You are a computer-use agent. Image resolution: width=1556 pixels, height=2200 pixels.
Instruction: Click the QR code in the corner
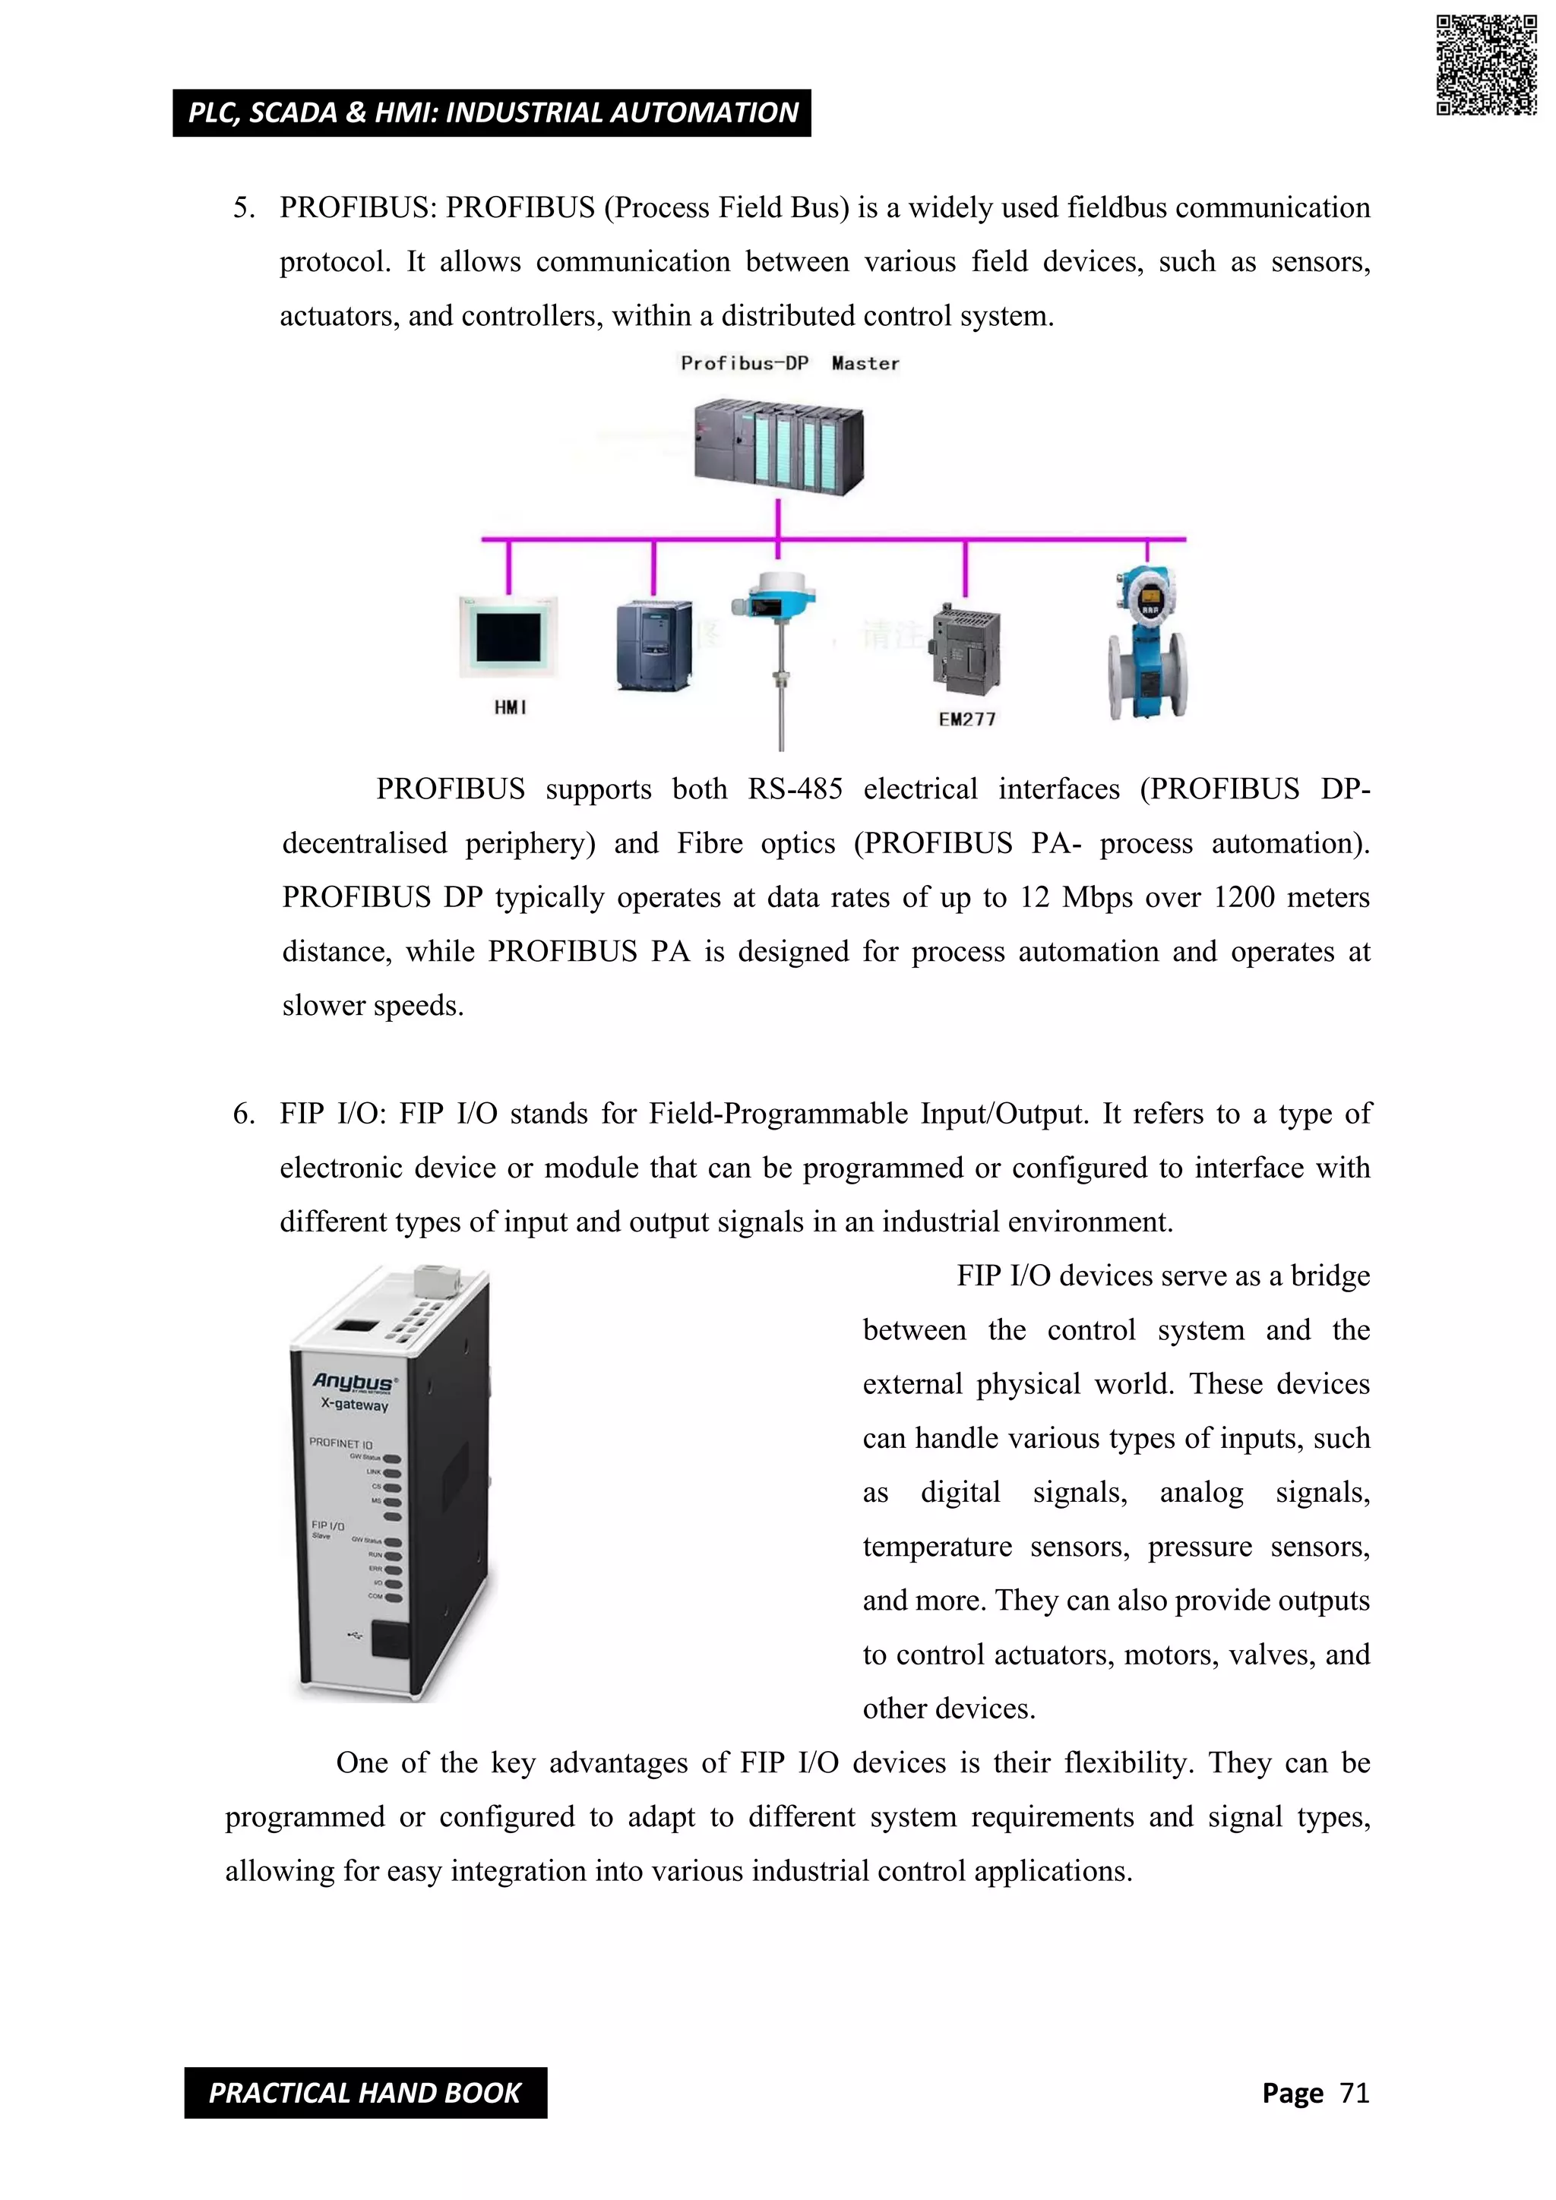[1486, 65]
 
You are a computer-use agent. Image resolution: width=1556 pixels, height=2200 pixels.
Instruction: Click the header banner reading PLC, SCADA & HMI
[492, 113]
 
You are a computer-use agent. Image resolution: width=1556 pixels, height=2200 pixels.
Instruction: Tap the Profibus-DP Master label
[789, 363]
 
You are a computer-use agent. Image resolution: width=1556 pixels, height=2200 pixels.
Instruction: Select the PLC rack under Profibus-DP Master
[779, 447]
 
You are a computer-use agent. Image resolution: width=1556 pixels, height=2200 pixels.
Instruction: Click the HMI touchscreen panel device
[508, 637]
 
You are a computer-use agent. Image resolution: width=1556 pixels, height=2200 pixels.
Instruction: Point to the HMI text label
[510, 707]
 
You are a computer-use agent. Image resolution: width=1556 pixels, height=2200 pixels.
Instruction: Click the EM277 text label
[966, 719]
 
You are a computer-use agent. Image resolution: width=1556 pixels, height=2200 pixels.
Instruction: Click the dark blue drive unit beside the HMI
[653, 644]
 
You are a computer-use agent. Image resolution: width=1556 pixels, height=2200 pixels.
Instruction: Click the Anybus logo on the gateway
[353, 1382]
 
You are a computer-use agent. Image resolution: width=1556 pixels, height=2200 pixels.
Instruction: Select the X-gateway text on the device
[355, 1405]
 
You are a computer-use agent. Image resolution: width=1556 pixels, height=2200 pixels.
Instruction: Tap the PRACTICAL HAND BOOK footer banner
[365, 2093]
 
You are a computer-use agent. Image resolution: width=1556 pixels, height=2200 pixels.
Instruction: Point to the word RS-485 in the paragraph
[795, 789]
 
